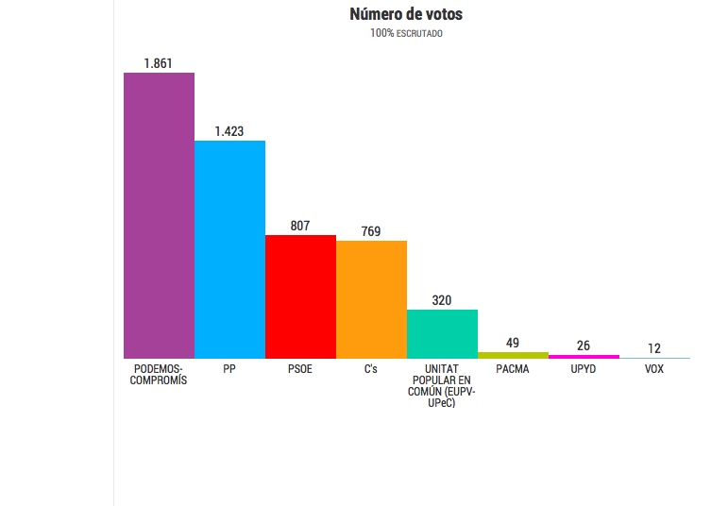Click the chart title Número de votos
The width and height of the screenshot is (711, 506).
(406, 14)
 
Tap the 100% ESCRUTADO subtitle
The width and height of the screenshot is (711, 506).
(406, 33)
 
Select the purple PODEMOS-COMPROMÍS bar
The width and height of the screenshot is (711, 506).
(160, 215)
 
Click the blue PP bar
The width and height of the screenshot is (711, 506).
(229, 249)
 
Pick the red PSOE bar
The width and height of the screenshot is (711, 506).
(300, 296)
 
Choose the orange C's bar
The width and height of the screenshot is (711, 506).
(371, 299)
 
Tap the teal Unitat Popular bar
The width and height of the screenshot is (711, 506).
(442, 334)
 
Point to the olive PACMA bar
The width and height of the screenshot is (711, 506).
(513, 355)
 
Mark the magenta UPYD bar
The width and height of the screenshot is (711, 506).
(584, 357)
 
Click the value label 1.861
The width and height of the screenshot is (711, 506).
(159, 63)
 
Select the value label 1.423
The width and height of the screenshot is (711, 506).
(229, 131)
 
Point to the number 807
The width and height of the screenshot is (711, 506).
(300, 226)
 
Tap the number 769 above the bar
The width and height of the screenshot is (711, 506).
(371, 231)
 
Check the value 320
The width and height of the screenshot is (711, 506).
(442, 300)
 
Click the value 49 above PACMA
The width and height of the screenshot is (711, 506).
(513, 344)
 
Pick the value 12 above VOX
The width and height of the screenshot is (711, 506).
(653, 348)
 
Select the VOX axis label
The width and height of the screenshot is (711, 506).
(653, 369)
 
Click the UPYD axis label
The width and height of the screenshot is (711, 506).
(584, 369)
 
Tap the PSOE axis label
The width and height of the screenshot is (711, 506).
(300, 369)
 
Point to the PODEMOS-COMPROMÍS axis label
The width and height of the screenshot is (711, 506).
(159, 375)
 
